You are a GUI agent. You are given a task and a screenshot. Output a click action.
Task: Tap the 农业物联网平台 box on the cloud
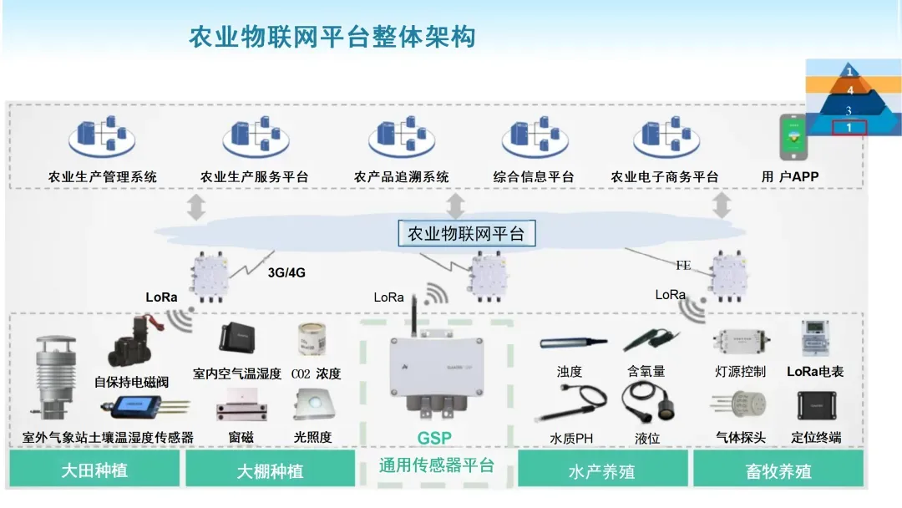(x=466, y=234)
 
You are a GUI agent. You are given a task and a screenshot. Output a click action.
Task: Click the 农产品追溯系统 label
(x=402, y=177)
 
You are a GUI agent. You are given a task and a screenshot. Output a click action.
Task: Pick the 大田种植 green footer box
(x=94, y=470)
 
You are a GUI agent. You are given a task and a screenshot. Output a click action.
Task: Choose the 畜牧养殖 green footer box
(x=778, y=471)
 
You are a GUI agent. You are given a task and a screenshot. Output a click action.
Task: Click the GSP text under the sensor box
(x=434, y=438)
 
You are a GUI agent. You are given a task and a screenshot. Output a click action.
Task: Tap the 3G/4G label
(x=285, y=272)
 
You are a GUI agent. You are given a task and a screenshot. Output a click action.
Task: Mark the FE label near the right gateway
(x=683, y=266)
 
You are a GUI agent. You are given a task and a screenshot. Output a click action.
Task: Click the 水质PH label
(x=571, y=438)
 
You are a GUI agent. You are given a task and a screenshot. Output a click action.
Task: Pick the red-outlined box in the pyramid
(x=849, y=128)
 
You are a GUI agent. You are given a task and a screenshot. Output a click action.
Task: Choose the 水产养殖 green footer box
(x=601, y=471)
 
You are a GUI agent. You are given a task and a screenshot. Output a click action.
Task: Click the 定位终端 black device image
(x=815, y=405)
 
